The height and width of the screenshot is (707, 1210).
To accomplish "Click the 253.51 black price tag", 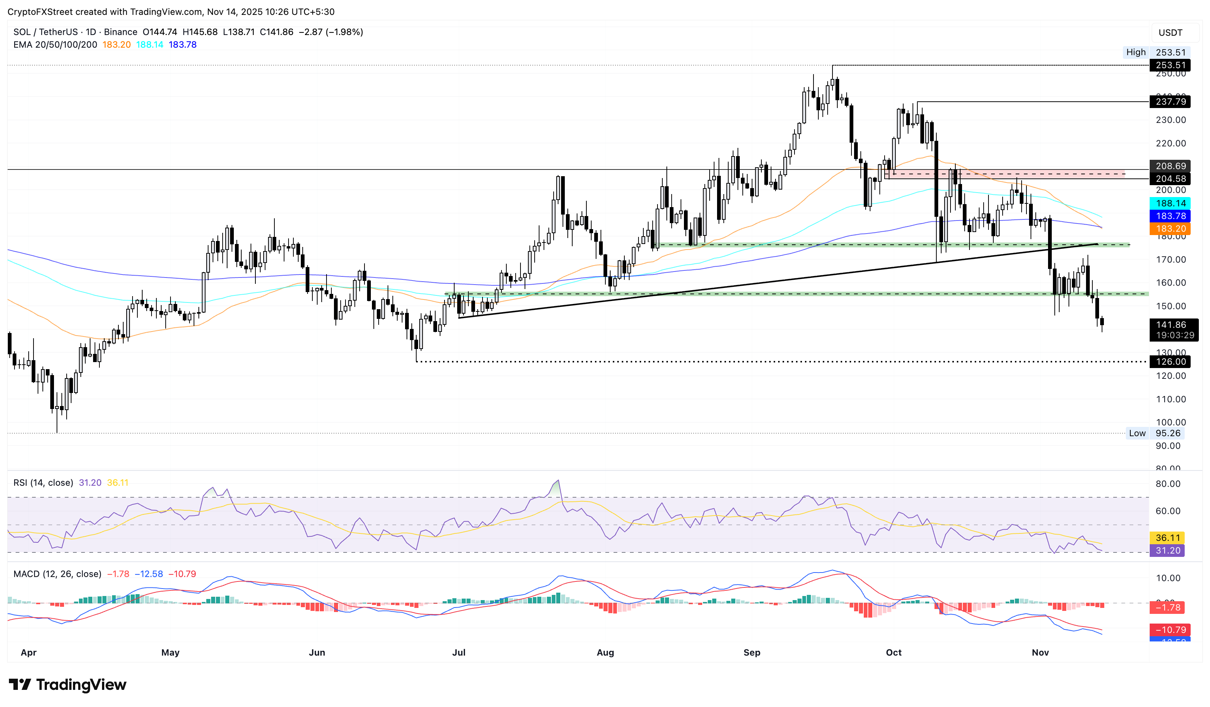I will pos(1170,65).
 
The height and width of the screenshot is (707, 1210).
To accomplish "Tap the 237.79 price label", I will pos(1170,101).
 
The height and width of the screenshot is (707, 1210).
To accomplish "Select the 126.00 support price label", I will pos(1170,362).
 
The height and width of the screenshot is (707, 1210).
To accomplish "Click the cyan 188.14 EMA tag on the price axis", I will pos(1170,203).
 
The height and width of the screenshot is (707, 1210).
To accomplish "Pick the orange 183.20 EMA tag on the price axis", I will pos(1170,229).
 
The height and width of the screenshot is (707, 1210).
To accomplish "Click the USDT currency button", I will pos(1170,33).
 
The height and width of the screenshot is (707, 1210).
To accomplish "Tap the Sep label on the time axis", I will pos(751,652).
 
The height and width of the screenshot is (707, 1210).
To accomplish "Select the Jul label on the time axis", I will pos(459,652).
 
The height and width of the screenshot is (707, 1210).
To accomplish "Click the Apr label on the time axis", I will pos(29,652).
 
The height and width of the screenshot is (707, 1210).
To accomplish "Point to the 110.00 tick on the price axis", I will pos(1171,399).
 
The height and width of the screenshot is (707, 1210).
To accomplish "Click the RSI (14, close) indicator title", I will pos(43,483).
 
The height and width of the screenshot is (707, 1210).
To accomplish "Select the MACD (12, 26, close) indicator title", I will pos(57,574).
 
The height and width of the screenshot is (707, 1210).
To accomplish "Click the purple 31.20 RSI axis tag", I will pos(1167,551).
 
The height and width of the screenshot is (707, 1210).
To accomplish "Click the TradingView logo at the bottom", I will pos(68,684).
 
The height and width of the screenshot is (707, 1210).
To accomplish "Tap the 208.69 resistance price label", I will pos(1170,166).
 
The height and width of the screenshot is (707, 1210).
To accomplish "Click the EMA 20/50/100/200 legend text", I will pos(55,45).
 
